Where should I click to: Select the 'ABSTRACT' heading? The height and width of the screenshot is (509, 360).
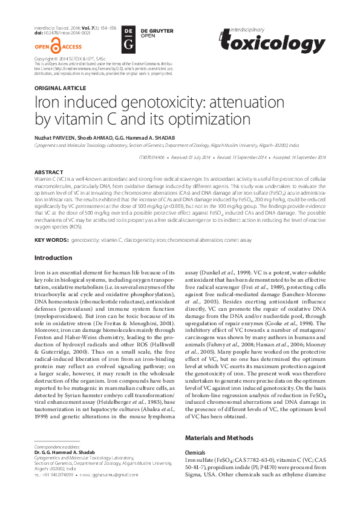[x=49, y=172]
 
